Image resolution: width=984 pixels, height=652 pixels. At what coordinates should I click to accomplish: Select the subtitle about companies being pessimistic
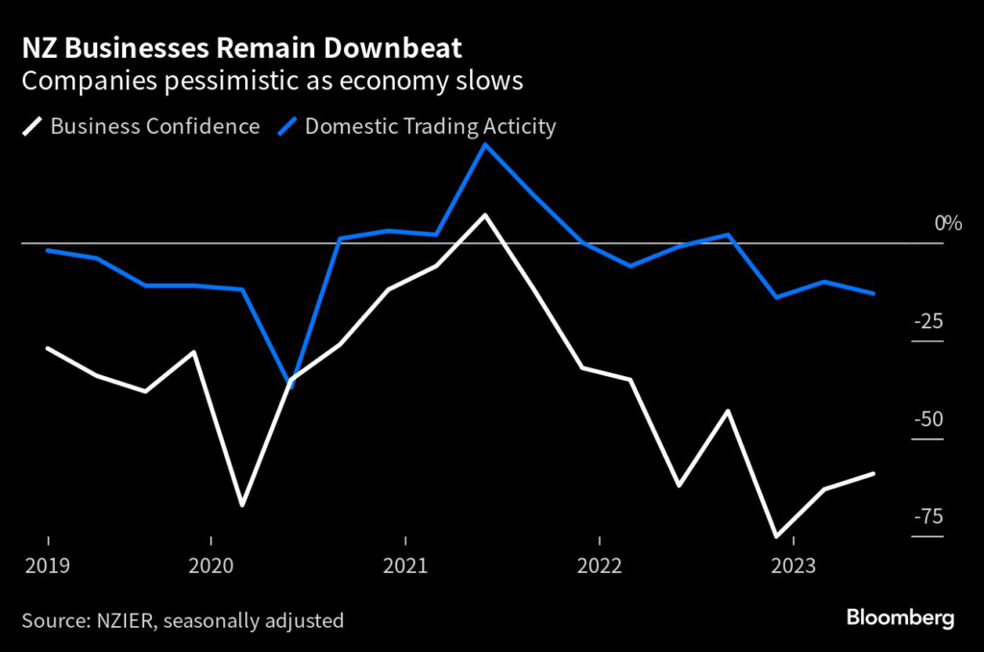click(x=272, y=81)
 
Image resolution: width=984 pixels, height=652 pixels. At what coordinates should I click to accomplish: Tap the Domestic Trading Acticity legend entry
click(x=428, y=126)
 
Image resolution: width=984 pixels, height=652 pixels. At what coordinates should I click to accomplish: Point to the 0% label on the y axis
click(x=947, y=224)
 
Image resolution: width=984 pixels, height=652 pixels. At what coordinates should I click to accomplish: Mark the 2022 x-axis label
click(x=599, y=564)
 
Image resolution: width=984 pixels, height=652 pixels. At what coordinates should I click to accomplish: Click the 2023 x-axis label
click(x=793, y=564)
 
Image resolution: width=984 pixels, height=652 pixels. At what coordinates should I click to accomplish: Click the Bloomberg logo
click(x=900, y=617)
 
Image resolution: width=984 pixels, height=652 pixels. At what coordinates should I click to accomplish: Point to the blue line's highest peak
click(x=485, y=144)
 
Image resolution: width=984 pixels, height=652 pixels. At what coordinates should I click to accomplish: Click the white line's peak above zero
click(x=485, y=214)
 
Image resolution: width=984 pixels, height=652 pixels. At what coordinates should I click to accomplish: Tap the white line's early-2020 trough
click(x=242, y=505)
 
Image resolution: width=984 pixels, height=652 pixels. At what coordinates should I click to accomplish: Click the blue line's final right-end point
click(x=873, y=293)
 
